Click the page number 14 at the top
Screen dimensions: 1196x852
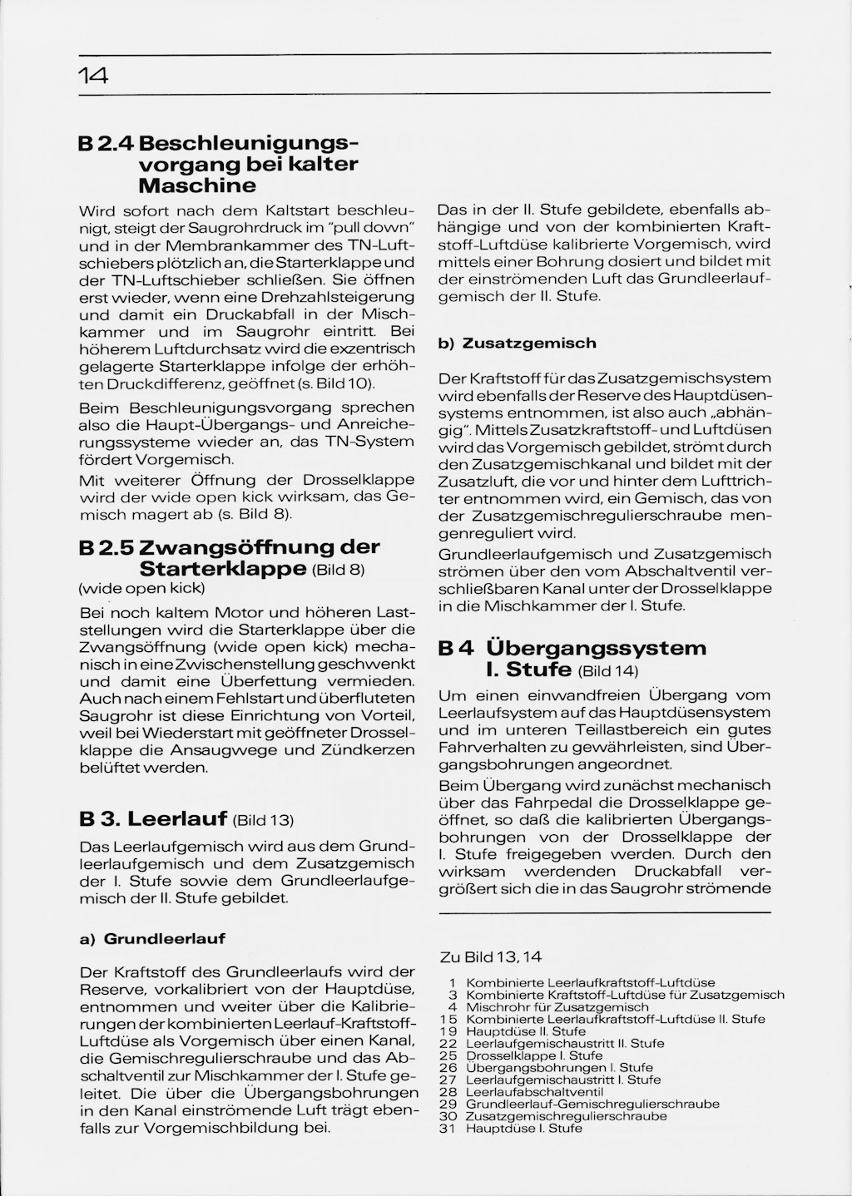click(x=93, y=77)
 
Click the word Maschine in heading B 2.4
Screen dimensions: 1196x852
click(x=197, y=185)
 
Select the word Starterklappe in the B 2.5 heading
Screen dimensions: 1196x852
click(x=222, y=570)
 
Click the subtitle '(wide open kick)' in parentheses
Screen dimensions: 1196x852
click(x=141, y=589)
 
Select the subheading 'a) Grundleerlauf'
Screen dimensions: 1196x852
click(x=152, y=938)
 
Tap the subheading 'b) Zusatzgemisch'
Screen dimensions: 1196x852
click(x=517, y=343)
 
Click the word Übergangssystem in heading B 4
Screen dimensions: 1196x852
click(x=596, y=648)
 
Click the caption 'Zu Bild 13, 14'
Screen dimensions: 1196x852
click(x=491, y=957)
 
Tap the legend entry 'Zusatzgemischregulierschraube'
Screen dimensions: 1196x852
click(x=566, y=1116)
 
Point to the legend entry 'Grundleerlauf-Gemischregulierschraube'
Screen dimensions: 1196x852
click(x=592, y=1105)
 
